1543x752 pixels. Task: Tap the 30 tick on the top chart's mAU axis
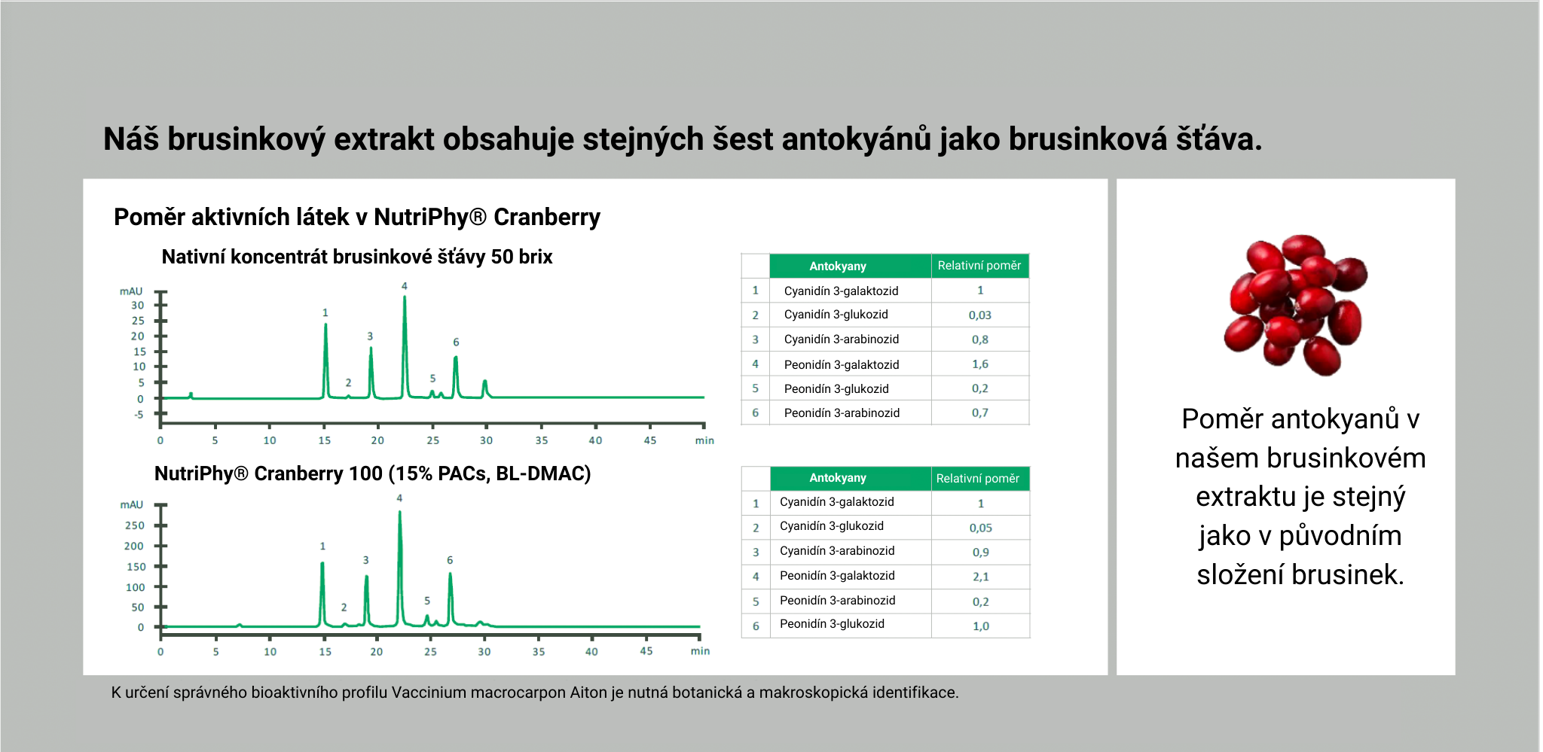(138, 305)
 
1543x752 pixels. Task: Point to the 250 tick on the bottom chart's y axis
(135, 525)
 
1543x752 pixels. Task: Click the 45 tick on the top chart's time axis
(650, 440)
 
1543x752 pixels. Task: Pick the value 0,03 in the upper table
(980, 315)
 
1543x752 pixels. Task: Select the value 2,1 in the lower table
(981, 577)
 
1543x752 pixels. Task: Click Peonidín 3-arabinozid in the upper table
(842, 413)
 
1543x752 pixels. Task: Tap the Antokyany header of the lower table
(838, 478)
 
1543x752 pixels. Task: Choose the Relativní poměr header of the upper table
(979, 266)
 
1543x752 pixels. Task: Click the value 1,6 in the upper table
(980, 364)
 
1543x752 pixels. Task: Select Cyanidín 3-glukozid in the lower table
(832, 526)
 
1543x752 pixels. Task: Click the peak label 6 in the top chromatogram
(456, 342)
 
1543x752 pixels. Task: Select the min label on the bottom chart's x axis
(701, 651)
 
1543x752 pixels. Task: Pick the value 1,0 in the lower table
(981, 626)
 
